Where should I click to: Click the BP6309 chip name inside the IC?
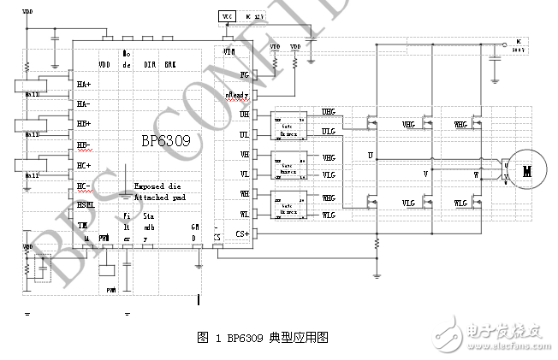tap(159, 139)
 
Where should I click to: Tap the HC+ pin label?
tap(84, 165)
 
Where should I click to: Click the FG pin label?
tap(243, 74)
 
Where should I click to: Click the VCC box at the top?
tap(227, 16)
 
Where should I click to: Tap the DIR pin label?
tap(149, 64)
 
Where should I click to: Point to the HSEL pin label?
tap(86, 204)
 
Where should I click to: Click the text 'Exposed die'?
tap(156, 186)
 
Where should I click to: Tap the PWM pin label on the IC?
tap(104, 237)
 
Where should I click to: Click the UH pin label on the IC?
tap(244, 114)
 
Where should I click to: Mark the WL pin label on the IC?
tap(244, 214)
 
